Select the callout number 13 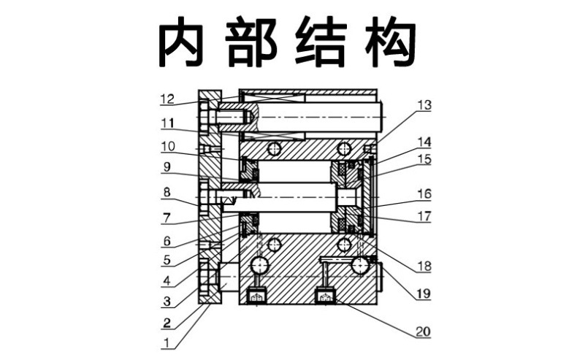click(x=424, y=106)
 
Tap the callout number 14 click(x=424, y=142)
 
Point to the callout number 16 click(x=424, y=194)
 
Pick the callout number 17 click(x=424, y=216)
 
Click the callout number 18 click(x=424, y=267)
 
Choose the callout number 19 click(x=424, y=295)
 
